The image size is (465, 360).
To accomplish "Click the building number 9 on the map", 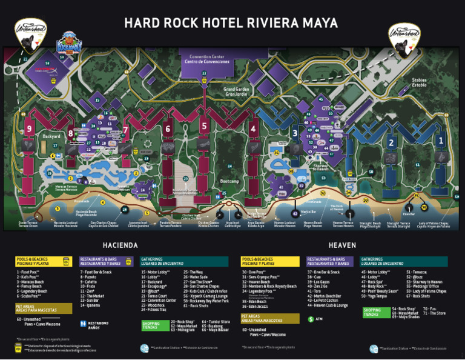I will (x=29, y=128).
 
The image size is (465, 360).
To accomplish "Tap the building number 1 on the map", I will (x=440, y=140).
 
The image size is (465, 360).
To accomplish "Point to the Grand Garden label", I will (x=237, y=92).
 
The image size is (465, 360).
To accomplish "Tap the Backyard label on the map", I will (x=51, y=136).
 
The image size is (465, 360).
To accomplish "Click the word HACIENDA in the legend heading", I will (x=120, y=245).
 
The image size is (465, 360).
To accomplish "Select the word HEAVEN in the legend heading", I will (x=342, y=245).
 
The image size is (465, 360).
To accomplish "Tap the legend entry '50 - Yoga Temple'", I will (x=374, y=296).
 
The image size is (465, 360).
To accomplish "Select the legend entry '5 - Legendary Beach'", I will (x=32, y=292).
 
